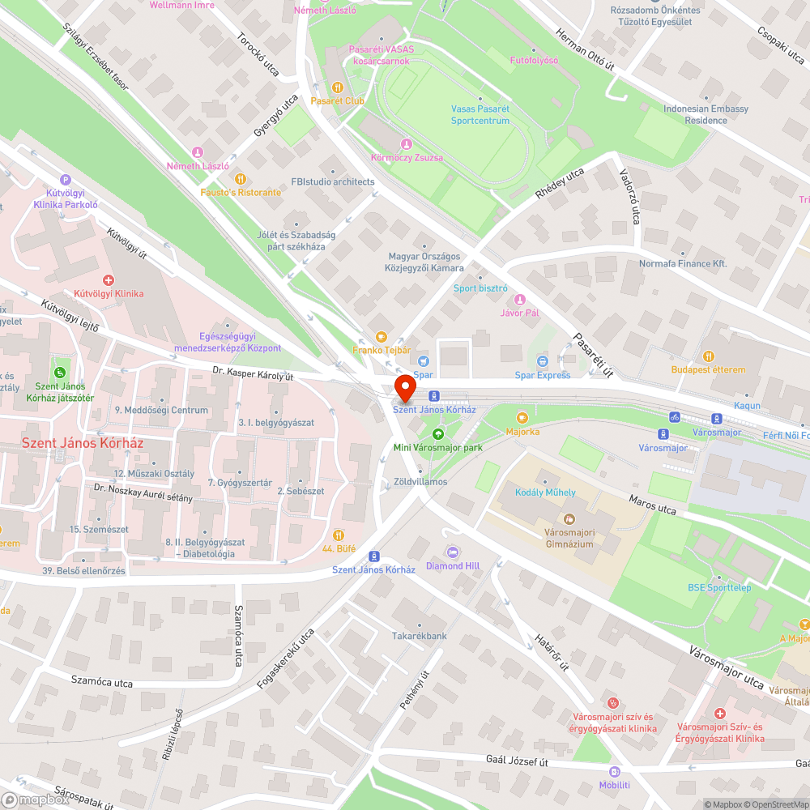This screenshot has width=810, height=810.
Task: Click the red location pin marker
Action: tap(404, 388)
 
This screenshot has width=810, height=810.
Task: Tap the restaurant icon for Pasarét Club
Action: tap(338, 87)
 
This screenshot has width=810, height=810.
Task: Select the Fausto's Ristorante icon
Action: tap(240, 179)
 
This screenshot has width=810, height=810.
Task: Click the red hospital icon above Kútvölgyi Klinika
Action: tap(108, 279)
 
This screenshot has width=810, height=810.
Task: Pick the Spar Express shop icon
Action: tap(543, 361)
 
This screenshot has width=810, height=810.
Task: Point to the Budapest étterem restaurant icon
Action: tap(708, 356)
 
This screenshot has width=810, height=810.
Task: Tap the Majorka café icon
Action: tap(522, 418)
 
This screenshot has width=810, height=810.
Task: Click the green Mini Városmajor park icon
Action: tap(438, 433)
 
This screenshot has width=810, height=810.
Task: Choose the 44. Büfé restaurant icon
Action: tap(339, 535)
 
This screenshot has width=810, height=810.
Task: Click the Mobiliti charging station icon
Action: tap(614, 771)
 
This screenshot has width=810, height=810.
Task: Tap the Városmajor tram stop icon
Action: tap(716, 418)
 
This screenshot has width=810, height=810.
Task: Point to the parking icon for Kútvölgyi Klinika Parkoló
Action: tap(66, 180)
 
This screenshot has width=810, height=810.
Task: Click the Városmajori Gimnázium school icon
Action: tap(569, 518)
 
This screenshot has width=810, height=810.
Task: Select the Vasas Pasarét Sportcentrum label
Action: tap(480, 115)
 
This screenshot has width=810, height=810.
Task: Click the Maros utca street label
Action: tap(653, 503)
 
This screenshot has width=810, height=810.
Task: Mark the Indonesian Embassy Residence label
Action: tap(694, 114)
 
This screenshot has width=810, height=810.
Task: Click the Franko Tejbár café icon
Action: tap(381, 337)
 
